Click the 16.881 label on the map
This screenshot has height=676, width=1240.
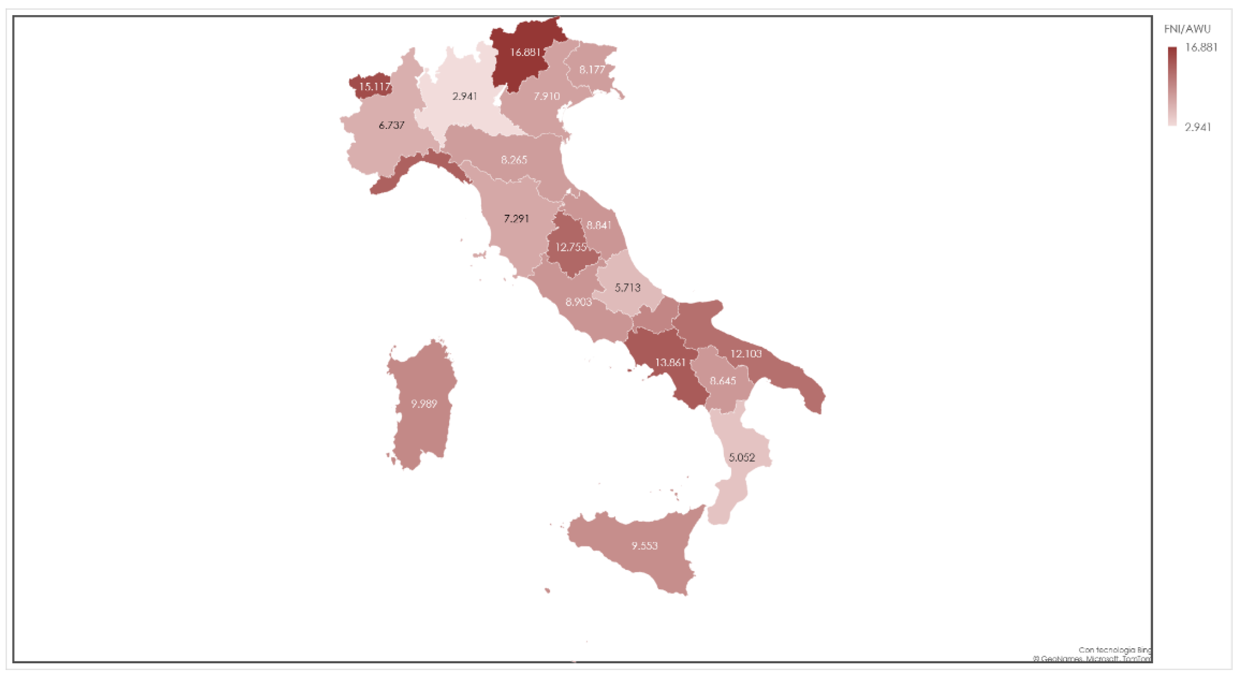[525, 52]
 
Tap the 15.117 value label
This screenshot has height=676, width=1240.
[374, 87]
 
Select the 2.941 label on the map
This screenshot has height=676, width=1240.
[465, 96]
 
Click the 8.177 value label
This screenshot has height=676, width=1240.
[592, 70]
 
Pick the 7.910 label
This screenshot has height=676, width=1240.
[546, 96]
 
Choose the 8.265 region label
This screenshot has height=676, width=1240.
[513, 160]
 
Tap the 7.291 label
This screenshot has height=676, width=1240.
[516, 219]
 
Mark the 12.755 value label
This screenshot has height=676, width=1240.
[571, 247]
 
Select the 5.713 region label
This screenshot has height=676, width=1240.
[627, 288]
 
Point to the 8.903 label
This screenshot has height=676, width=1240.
[578, 302]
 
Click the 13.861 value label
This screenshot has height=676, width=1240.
[670, 363]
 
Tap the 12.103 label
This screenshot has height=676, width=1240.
[746, 354]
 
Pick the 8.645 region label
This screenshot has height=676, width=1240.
[723, 381]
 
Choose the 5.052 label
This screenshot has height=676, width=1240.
[741, 457]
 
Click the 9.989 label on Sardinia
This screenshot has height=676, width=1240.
[424, 404]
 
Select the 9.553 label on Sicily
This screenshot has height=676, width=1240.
[644, 546]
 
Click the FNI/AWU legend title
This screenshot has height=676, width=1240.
[1187, 29]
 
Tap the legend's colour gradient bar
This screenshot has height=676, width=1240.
[1172, 86]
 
